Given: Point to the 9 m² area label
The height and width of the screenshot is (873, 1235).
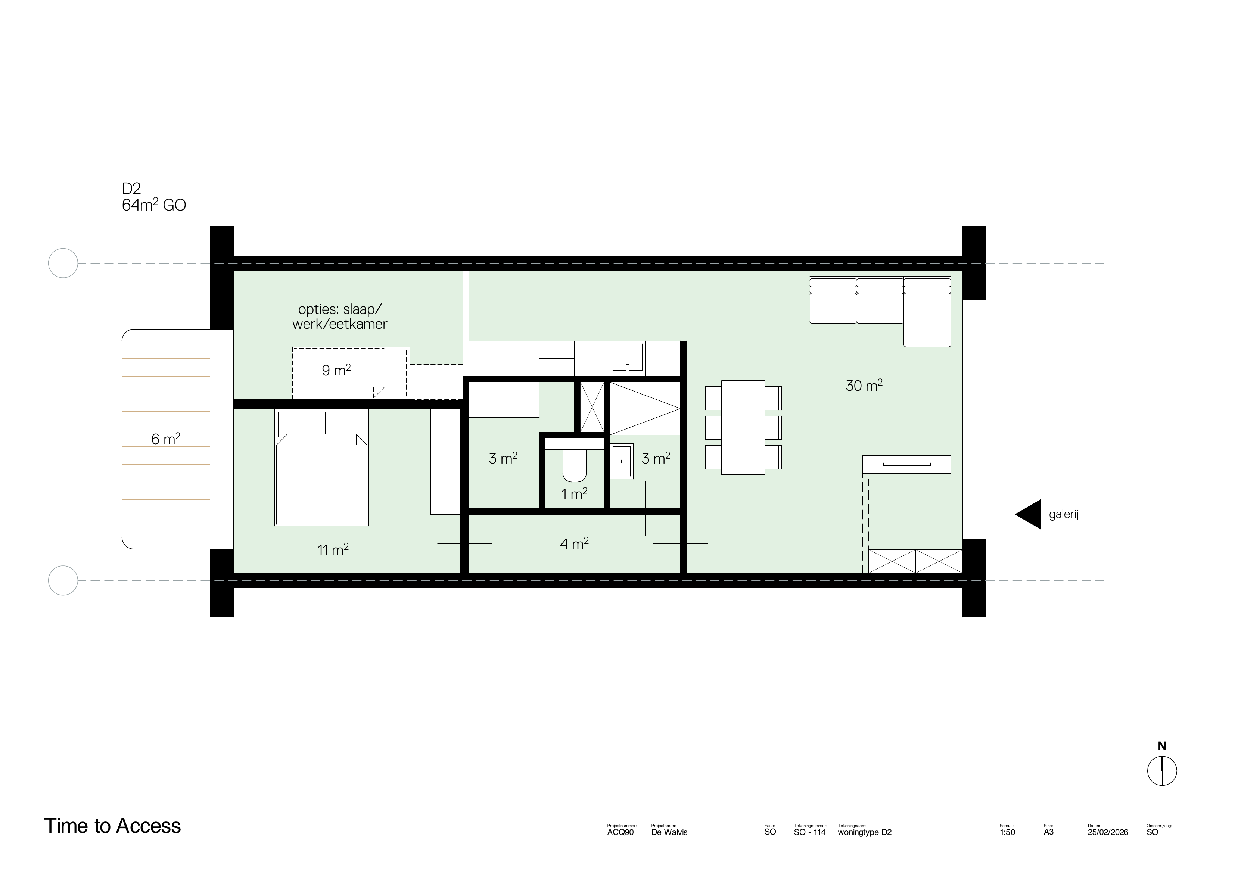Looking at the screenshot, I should click(x=336, y=370).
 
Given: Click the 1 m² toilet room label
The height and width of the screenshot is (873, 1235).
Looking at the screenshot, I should click(x=574, y=493).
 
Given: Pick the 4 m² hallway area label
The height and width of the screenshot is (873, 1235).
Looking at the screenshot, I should click(x=574, y=544).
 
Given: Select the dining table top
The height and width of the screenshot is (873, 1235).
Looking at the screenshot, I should click(x=743, y=428).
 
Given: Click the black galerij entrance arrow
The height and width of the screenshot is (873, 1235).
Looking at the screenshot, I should click(x=1030, y=514).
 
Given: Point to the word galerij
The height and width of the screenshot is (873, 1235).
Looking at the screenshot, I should click(x=1064, y=514).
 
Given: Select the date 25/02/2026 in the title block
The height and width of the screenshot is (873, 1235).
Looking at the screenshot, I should click(x=1108, y=832).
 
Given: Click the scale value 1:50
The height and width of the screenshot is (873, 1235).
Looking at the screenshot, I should click(x=1007, y=832).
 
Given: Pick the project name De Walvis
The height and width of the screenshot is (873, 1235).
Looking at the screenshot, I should click(x=669, y=832).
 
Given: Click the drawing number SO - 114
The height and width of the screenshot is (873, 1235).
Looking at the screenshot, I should click(x=809, y=832).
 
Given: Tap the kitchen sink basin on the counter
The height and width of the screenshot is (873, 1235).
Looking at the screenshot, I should click(x=627, y=356).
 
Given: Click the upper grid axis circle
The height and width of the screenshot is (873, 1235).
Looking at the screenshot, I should click(x=63, y=263).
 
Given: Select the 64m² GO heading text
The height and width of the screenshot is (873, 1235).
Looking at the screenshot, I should click(x=154, y=205).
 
